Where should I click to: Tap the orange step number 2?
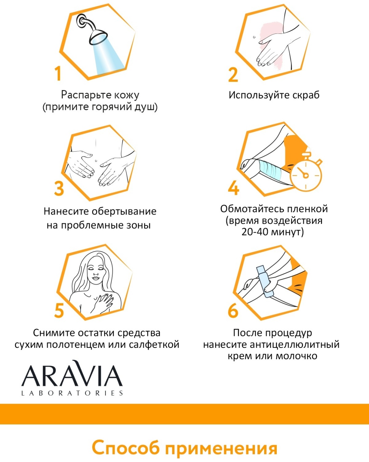coord(233,75)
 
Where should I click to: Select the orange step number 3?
coord(59,188)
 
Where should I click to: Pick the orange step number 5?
coord(59,310)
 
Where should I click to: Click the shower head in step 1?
coord(98,37)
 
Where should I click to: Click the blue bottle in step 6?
coord(265,282)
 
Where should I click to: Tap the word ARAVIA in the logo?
coord(72,375)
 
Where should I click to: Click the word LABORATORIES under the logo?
coord(72,393)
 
